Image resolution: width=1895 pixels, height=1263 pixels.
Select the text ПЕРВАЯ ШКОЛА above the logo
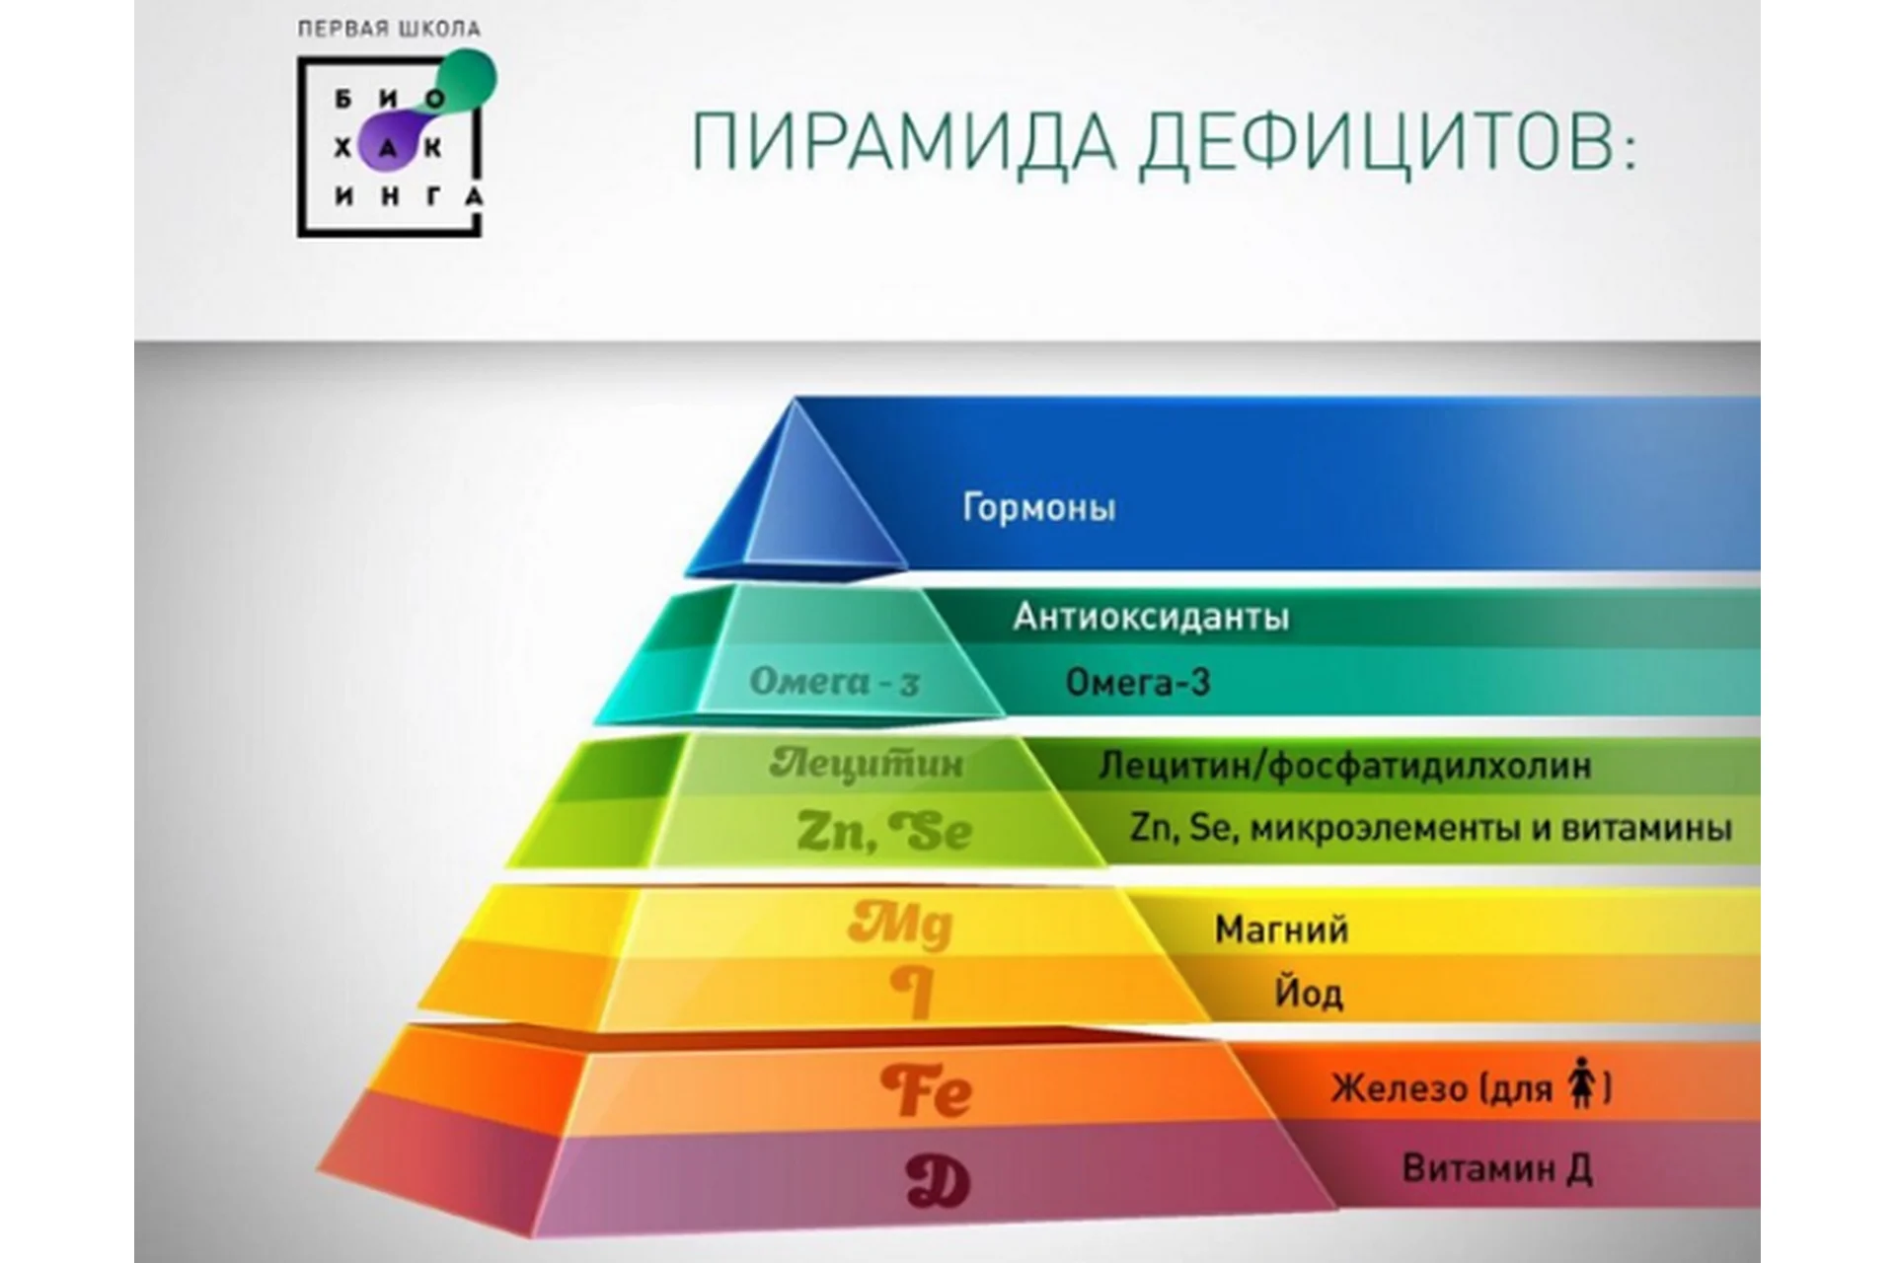pyautogui.click(x=389, y=29)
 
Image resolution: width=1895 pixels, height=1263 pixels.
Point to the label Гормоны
pyautogui.click(x=1039, y=508)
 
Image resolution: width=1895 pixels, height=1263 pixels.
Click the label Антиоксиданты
pyautogui.click(x=1151, y=617)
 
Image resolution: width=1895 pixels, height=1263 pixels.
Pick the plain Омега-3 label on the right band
pyautogui.click(x=1138, y=682)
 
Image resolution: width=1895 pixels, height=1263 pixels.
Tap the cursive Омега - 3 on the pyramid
pyautogui.click(x=835, y=681)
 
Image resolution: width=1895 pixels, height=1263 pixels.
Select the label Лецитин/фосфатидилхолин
pyautogui.click(x=1345, y=766)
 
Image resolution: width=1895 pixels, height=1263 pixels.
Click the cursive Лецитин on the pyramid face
pyautogui.click(x=867, y=763)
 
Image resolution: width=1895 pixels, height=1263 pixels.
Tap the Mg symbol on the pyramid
pyautogui.click(x=901, y=926)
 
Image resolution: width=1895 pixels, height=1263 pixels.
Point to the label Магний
pyautogui.click(x=1281, y=929)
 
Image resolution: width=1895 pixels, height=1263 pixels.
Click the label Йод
pyautogui.click(x=1309, y=992)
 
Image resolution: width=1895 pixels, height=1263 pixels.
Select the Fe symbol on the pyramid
pyautogui.click(x=926, y=1090)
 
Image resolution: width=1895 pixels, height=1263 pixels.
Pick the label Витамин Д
pyautogui.click(x=1496, y=1169)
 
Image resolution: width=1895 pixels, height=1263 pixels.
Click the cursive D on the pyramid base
pyautogui.click(x=938, y=1181)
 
